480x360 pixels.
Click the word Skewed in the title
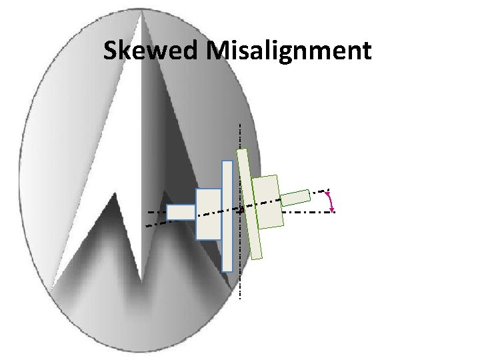coord(152,51)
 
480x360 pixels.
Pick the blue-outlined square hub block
coord(209,213)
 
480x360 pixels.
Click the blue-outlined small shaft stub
coord(181,212)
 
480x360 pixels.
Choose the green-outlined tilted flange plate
coord(251,203)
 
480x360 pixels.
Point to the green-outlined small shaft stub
coord(295,197)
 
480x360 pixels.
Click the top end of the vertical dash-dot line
coord(240,125)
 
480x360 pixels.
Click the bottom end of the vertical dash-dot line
coord(240,297)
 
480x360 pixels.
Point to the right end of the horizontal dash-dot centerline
coord(333,211)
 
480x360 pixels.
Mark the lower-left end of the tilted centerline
coord(146,226)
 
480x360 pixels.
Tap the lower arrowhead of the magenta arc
coord(332,209)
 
